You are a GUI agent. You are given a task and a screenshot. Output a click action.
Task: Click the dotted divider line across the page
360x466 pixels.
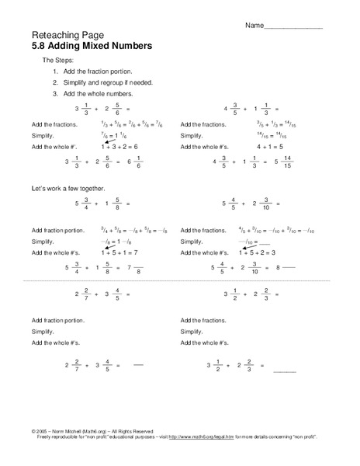[180, 280]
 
